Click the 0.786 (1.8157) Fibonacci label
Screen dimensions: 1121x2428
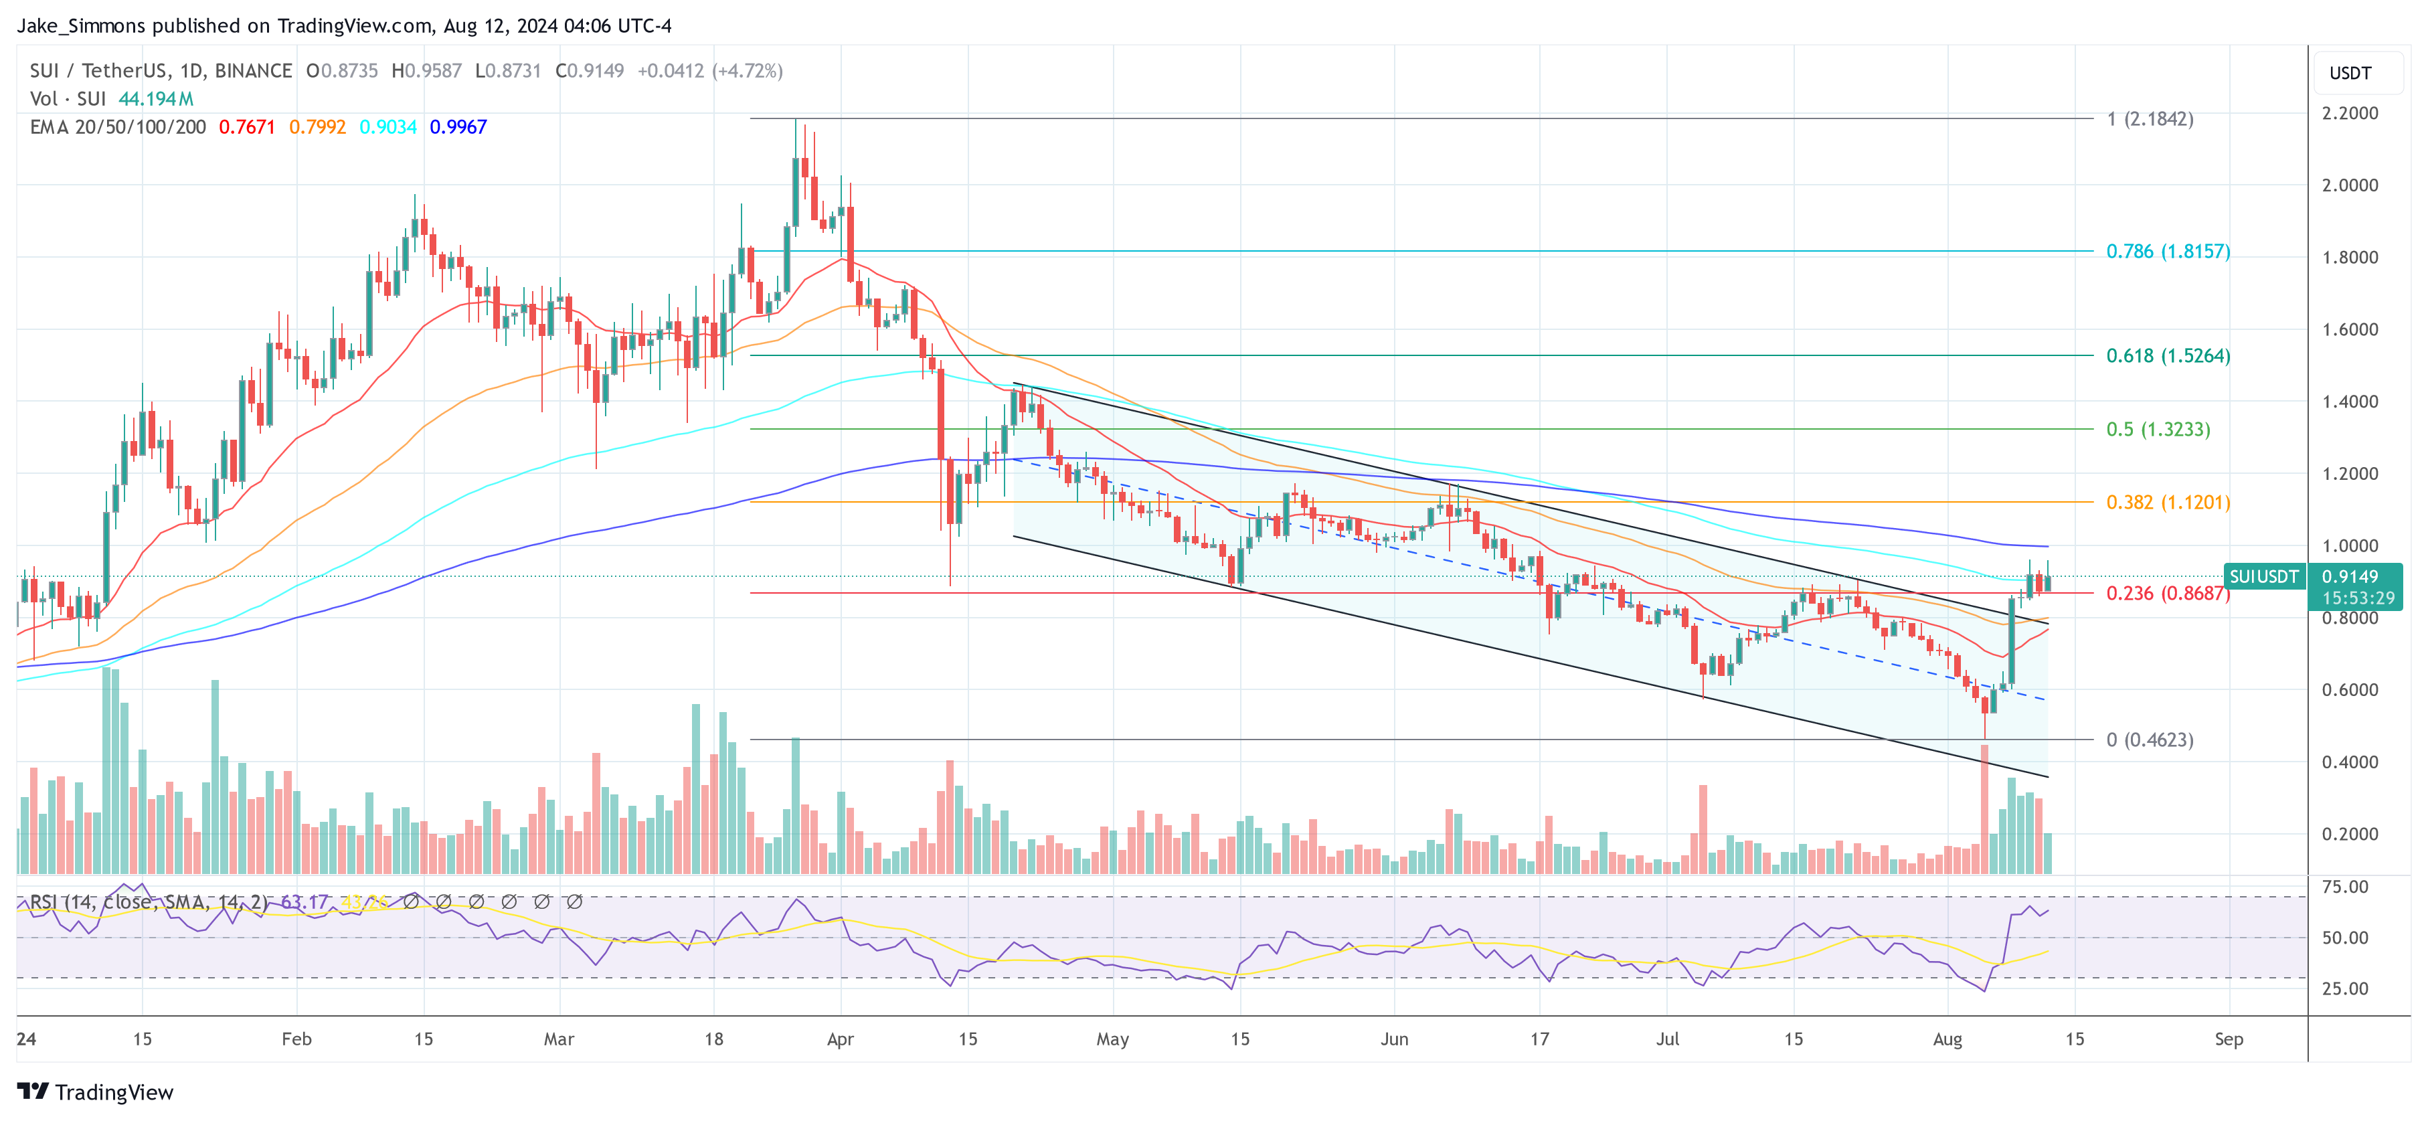pyautogui.click(x=2167, y=251)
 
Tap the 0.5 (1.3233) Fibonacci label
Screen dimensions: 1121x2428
pyautogui.click(x=2158, y=429)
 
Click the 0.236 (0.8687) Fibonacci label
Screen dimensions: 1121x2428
pyautogui.click(x=2167, y=593)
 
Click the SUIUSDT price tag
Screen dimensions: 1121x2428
pyautogui.click(x=2263, y=576)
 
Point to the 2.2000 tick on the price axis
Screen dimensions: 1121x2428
pyautogui.click(x=2349, y=113)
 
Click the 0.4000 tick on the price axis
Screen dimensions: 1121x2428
pyautogui.click(x=2349, y=762)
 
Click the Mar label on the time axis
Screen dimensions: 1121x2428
pyautogui.click(x=559, y=1039)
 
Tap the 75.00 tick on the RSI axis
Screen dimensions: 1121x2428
pyautogui.click(x=2344, y=886)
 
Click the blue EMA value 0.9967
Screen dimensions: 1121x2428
pyautogui.click(x=458, y=126)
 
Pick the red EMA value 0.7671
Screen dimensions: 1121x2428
pyautogui.click(x=247, y=126)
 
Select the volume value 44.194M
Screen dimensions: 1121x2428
pyautogui.click(x=155, y=98)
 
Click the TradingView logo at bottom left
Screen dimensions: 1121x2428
pyautogui.click(x=95, y=1092)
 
